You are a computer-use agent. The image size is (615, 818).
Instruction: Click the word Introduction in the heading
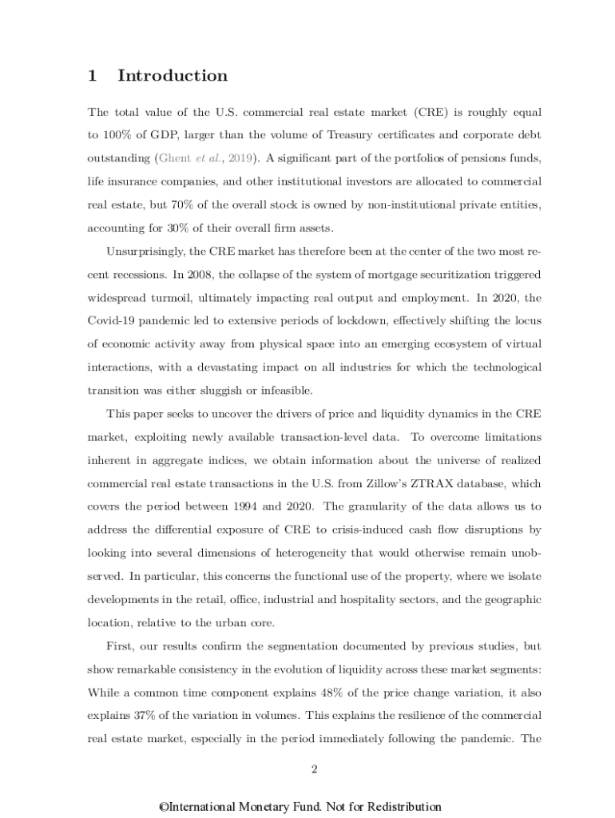pyautogui.click(x=173, y=76)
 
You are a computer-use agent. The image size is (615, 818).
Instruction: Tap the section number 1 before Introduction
pyautogui.click(x=93, y=76)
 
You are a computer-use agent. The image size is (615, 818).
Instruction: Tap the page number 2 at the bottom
pyautogui.click(x=315, y=769)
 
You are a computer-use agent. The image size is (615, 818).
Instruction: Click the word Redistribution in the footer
pyautogui.click(x=399, y=807)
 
